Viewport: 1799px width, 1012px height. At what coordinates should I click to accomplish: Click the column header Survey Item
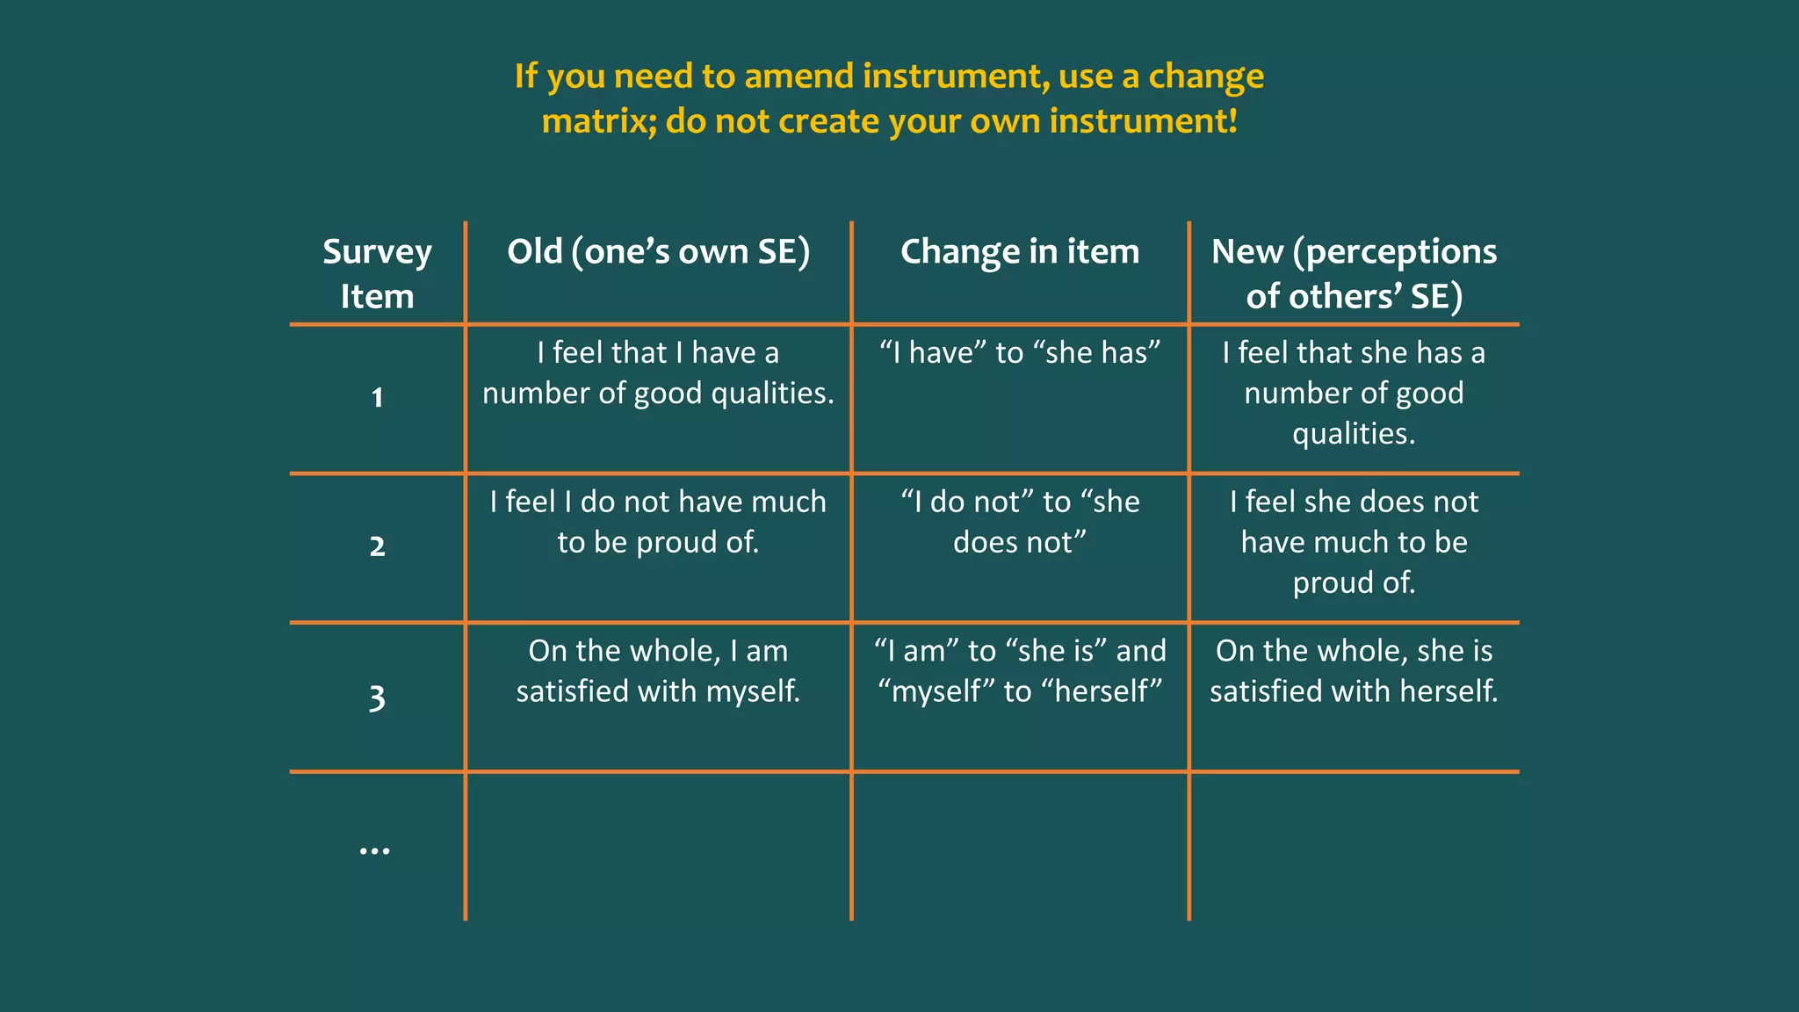click(377, 273)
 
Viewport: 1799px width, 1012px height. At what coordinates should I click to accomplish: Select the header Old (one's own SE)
click(658, 252)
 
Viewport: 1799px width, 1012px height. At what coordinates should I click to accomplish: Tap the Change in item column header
click(1019, 252)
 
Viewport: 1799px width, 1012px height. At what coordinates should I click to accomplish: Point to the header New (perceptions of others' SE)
click(1354, 273)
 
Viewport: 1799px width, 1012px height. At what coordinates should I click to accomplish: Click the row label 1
click(377, 397)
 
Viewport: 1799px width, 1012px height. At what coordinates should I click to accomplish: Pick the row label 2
click(377, 546)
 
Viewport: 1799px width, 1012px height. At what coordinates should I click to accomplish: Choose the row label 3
click(377, 698)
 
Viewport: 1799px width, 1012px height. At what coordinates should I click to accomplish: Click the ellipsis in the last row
click(375, 850)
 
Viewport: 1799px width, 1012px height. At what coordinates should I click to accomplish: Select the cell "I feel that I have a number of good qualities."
click(658, 372)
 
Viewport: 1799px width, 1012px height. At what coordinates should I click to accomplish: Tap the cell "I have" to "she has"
click(1019, 353)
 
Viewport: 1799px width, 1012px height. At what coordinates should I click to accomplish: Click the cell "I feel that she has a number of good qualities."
click(1354, 393)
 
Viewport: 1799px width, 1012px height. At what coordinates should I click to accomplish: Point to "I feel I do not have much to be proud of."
click(658, 522)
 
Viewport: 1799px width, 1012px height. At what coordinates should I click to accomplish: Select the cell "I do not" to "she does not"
click(1019, 522)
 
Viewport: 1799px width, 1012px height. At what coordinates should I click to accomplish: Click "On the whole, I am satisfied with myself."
click(658, 671)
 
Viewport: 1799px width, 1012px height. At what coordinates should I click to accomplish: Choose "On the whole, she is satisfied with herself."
click(1354, 671)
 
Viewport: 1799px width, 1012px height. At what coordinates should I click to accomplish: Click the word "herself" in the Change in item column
click(1102, 691)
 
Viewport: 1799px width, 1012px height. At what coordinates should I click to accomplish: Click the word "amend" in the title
click(798, 76)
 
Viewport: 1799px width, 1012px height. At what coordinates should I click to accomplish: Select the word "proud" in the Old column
click(677, 543)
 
